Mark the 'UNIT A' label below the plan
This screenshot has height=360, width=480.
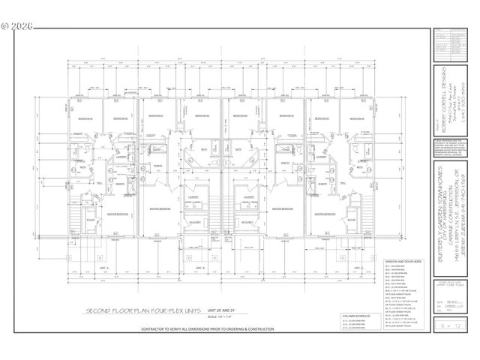click(x=104, y=266)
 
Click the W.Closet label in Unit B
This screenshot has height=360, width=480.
click(x=193, y=223)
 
